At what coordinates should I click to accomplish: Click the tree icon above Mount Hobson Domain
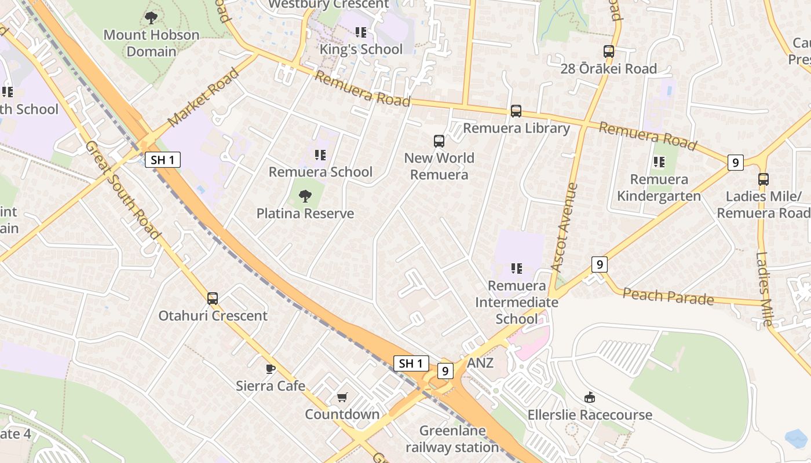point(151,18)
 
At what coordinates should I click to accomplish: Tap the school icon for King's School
point(361,32)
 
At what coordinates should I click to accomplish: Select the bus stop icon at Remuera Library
point(516,111)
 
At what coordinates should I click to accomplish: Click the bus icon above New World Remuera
point(439,141)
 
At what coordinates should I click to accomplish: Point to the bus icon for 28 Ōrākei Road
point(609,52)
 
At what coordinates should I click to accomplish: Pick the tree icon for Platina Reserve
point(305,196)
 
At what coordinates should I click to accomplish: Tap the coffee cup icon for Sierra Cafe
point(270,369)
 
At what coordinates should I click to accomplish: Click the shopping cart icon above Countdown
point(342,397)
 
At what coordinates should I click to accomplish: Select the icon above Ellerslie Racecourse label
point(590,397)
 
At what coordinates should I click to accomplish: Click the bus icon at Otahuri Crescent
point(213,299)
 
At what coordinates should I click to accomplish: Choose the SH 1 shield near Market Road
point(162,160)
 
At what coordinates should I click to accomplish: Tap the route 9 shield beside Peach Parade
point(600,265)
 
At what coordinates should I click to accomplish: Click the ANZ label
point(480,363)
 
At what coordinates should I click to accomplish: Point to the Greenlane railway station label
point(452,439)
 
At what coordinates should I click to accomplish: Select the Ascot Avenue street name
point(565,227)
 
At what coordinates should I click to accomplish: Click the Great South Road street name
point(122,190)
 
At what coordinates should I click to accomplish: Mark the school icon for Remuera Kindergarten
point(659,162)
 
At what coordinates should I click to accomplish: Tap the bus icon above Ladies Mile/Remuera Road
point(763,179)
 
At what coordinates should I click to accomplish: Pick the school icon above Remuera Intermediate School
point(517,269)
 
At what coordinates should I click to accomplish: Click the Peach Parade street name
point(668,296)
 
